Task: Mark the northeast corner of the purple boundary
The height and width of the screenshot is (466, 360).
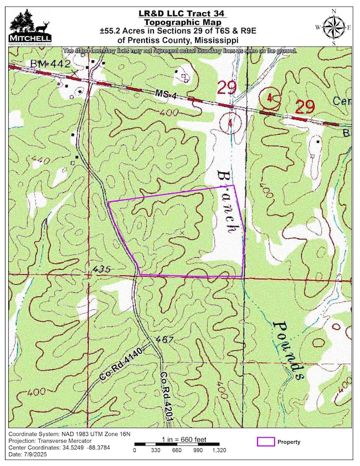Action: click(235, 185)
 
